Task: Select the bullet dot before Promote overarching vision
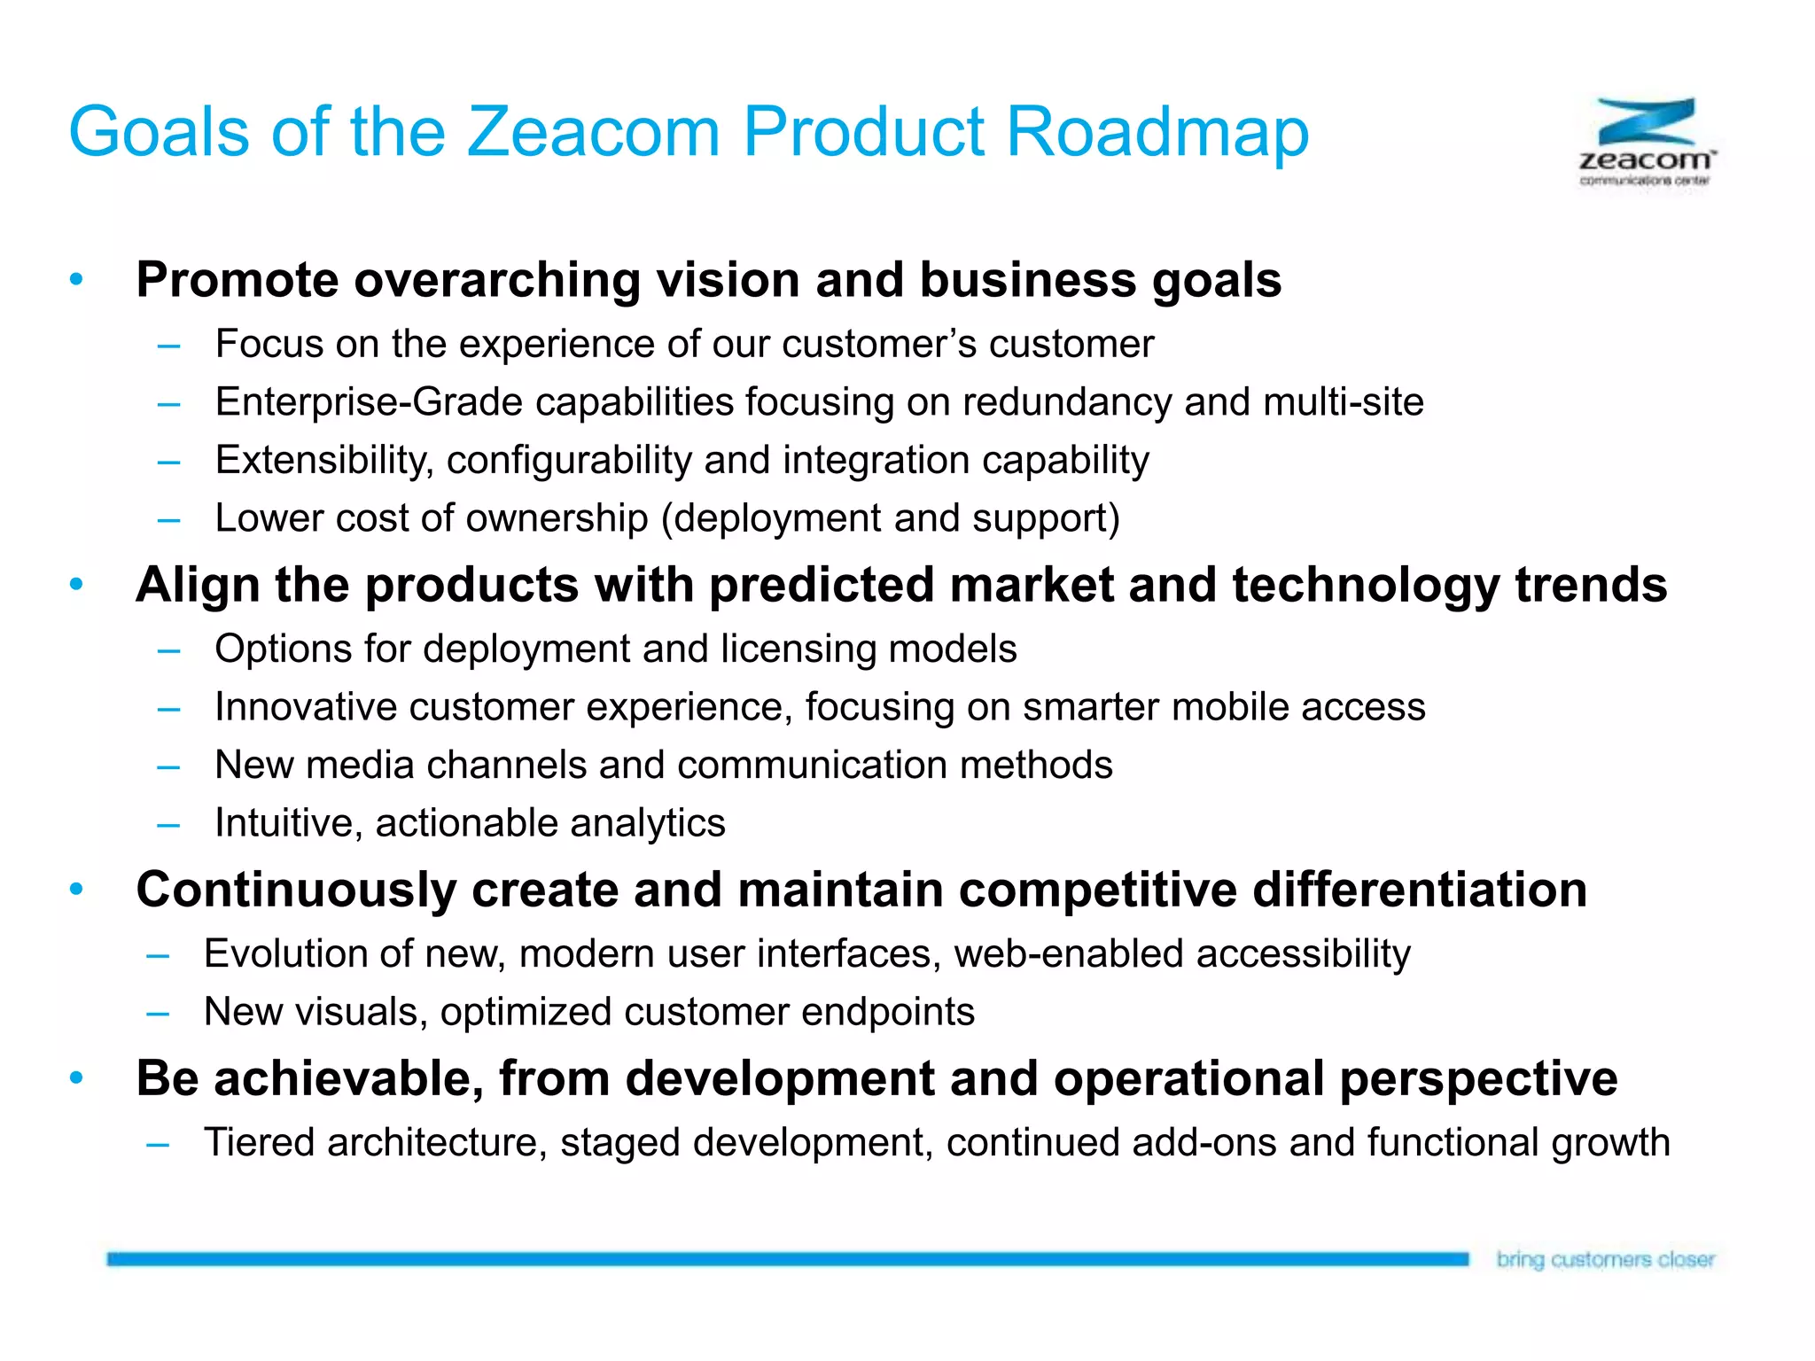click(x=76, y=279)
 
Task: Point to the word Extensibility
click(x=324, y=460)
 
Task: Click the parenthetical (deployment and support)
click(x=891, y=518)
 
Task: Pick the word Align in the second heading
click(x=198, y=585)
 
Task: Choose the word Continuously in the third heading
click(x=296, y=890)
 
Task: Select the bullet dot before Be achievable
click(x=76, y=1078)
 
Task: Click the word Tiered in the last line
click(x=260, y=1142)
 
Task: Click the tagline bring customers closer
click(x=1605, y=1259)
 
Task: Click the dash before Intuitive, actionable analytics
click(x=168, y=824)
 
